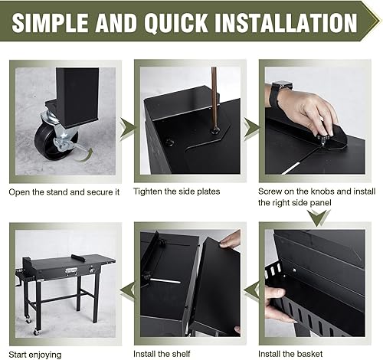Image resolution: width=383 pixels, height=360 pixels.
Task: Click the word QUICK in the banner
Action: pyautogui.click(x=176, y=22)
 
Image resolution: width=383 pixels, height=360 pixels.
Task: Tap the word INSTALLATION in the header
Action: pyautogui.click(x=286, y=22)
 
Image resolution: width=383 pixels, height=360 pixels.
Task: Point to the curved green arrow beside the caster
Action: pyautogui.click(x=83, y=155)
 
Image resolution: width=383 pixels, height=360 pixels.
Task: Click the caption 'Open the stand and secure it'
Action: pyautogui.click(x=64, y=192)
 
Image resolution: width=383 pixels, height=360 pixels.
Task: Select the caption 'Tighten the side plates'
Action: pyautogui.click(x=177, y=191)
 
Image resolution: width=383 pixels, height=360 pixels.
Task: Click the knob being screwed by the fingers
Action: pyautogui.click(x=322, y=139)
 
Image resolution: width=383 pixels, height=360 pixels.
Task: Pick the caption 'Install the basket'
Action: pyautogui.click(x=290, y=354)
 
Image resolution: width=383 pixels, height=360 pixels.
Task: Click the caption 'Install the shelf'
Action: pyautogui.click(x=162, y=354)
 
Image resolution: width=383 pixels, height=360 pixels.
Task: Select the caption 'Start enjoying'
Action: pyautogui.click(x=35, y=355)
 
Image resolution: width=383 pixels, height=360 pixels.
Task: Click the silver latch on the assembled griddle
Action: pyautogui.click(x=71, y=272)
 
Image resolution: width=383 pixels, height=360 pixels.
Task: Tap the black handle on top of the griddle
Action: pyautogui.click(x=78, y=258)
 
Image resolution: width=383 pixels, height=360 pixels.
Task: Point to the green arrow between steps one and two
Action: pyautogui.click(x=128, y=129)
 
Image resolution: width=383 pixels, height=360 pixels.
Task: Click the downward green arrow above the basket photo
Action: pyautogui.click(x=318, y=218)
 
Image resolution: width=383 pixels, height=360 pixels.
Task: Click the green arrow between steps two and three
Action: pyautogui.click(x=252, y=129)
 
